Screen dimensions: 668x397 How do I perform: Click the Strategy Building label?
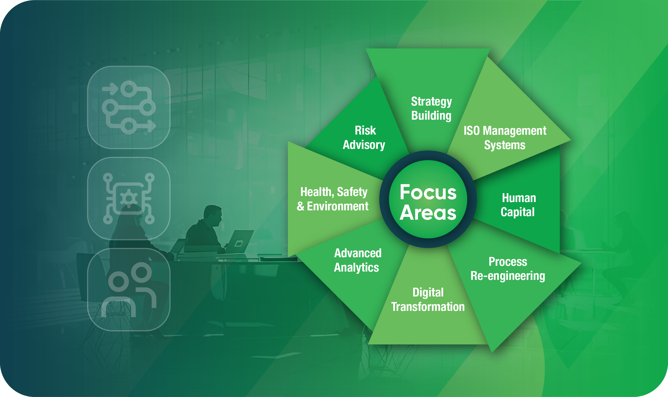click(x=431, y=109)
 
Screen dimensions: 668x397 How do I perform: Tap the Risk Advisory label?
click(x=364, y=138)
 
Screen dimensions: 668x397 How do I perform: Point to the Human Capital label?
click(x=519, y=205)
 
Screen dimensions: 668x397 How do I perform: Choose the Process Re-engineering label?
click(x=508, y=269)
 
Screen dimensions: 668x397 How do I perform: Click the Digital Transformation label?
click(x=428, y=300)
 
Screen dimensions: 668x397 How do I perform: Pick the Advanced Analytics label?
click(x=357, y=260)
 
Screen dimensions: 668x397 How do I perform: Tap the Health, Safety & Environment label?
click(x=333, y=199)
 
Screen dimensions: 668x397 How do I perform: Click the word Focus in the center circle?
click(x=428, y=192)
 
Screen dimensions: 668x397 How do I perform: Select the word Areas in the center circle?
click(x=428, y=213)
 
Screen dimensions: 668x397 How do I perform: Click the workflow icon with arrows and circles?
click(x=129, y=107)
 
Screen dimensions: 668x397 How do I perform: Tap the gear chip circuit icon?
click(x=129, y=198)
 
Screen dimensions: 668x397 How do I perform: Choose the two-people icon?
click(x=129, y=289)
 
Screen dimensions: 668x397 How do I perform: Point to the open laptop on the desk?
click(x=239, y=242)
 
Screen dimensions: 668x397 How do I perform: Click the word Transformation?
click(x=428, y=307)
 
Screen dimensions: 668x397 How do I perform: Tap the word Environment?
click(x=338, y=206)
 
